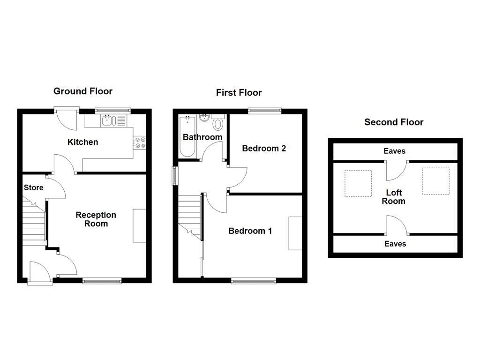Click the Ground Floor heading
click(83, 91)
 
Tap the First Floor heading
click(239, 92)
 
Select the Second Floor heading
click(394, 122)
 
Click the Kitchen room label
click(83, 142)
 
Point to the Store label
click(34, 187)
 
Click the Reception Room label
click(96, 219)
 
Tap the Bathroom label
click(202, 137)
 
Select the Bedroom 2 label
click(264, 148)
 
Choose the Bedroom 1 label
click(250, 231)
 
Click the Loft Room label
click(393, 197)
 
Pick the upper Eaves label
click(394, 151)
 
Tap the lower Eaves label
click(395, 244)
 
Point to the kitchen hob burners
click(140, 142)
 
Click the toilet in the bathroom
click(217, 124)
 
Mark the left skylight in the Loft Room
click(358, 183)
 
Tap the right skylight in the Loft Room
click(435, 181)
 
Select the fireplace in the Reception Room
click(140, 225)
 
